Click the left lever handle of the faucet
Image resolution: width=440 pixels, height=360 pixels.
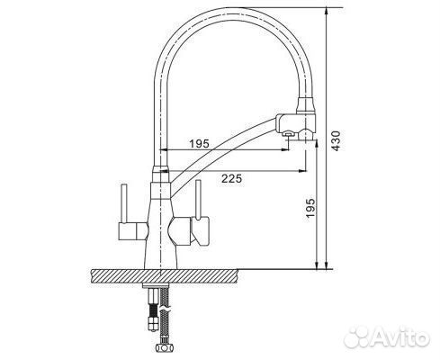click(x=121, y=207)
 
